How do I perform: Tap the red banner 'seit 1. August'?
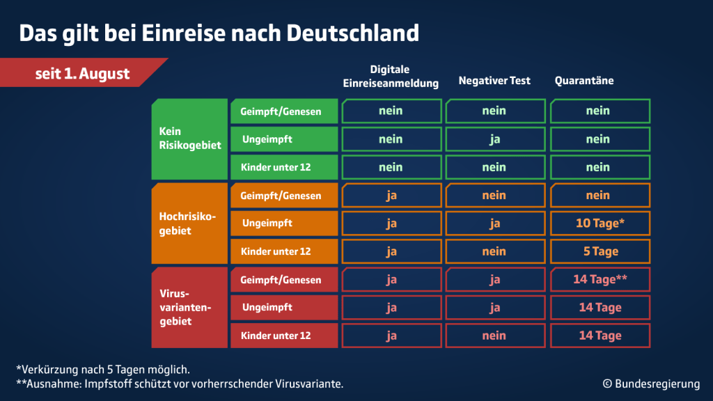click(82, 74)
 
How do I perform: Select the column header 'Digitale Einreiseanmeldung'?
click(391, 77)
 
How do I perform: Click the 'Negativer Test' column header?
click(494, 81)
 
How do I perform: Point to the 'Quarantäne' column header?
click(583, 81)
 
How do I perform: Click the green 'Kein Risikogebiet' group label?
click(189, 139)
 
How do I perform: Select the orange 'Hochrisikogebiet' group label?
click(189, 223)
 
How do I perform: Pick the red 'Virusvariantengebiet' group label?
click(189, 308)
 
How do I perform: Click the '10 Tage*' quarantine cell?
click(600, 223)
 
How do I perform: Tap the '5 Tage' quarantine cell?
click(600, 251)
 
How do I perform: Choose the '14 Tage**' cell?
click(600, 279)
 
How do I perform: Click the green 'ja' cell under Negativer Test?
click(494, 139)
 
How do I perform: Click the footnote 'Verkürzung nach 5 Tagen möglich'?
click(102, 369)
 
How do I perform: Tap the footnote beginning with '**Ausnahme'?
click(180, 384)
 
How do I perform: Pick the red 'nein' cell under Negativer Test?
click(494, 336)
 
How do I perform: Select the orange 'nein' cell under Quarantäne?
click(600, 196)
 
